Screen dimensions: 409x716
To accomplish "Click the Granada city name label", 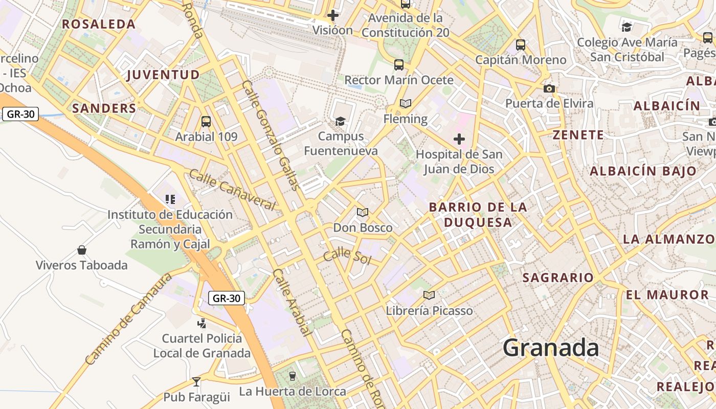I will click(551, 348).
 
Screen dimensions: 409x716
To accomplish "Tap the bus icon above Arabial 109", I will click(206, 122).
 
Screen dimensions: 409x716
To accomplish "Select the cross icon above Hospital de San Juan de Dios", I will click(459, 139).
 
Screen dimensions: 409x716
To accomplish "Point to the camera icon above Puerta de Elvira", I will click(549, 88).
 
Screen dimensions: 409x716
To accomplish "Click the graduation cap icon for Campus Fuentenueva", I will click(340, 121).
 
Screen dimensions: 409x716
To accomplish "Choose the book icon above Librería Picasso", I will click(429, 295).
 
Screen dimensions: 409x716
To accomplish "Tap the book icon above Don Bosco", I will click(363, 212).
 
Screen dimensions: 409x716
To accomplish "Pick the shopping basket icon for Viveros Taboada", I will click(81, 250).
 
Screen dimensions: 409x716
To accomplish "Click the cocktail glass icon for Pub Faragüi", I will click(196, 381).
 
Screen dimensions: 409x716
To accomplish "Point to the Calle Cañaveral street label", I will click(232, 189).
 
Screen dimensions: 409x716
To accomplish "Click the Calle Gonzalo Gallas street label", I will click(271, 135).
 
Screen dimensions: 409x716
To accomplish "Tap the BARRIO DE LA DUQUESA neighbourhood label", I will click(478, 215).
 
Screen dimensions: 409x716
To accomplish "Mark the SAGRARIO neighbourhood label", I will click(558, 278).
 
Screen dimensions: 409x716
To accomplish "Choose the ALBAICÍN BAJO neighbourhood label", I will click(643, 171).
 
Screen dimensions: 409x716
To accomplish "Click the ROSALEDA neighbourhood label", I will click(99, 24).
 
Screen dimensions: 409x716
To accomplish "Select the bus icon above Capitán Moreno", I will click(521, 45).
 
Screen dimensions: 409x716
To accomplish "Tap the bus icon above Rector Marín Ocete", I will click(399, 65).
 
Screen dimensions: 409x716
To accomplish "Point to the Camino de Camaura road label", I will click(129, 320).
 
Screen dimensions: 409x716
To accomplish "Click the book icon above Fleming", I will click(406, 104).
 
